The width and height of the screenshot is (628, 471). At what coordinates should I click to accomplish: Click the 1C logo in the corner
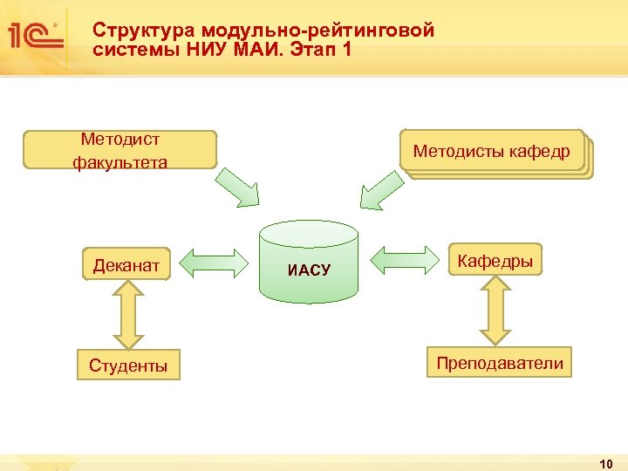click(x=35, y=36)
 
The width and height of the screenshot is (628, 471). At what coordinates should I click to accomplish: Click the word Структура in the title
click(x=132, y=31)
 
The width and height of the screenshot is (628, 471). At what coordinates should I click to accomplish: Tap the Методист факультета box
click(x=121, y=150)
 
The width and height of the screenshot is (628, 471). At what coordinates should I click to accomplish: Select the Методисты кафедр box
click(x=493, y=152)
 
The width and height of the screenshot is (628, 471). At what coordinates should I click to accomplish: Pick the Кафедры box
click(x=495, y=261)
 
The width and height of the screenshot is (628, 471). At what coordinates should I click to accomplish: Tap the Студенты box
click(x=128, y=365)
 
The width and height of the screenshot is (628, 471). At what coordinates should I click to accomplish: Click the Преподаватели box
click(x=500, y=363)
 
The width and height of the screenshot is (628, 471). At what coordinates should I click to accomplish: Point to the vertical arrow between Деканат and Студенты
click(x=126, y=315)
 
